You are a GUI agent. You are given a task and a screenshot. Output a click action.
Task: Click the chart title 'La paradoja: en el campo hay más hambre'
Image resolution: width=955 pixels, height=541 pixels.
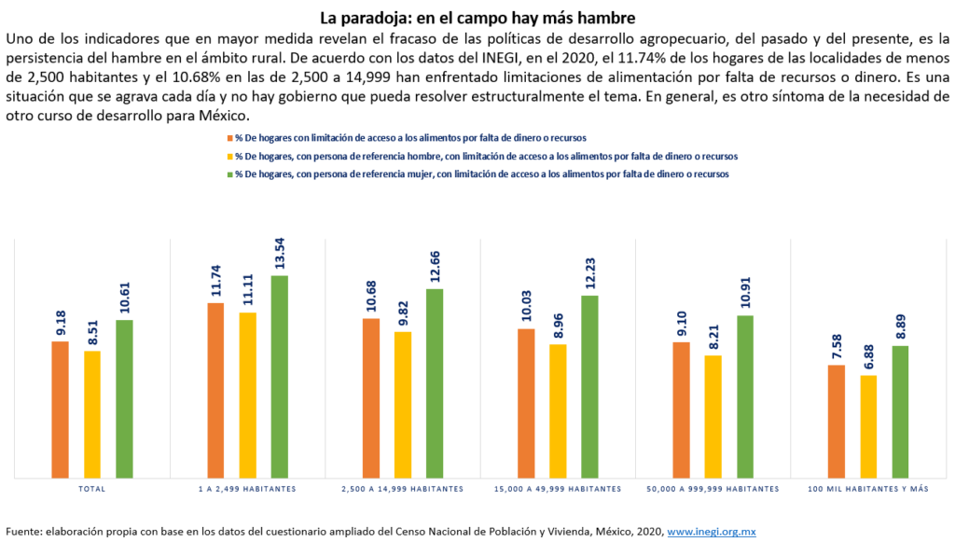[x=477, y=18]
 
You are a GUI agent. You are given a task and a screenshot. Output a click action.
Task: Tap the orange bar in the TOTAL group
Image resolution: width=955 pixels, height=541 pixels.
[x=61, y=409]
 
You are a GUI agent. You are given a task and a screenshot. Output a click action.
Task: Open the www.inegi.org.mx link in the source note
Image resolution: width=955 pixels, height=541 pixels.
[x=711, y=531]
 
